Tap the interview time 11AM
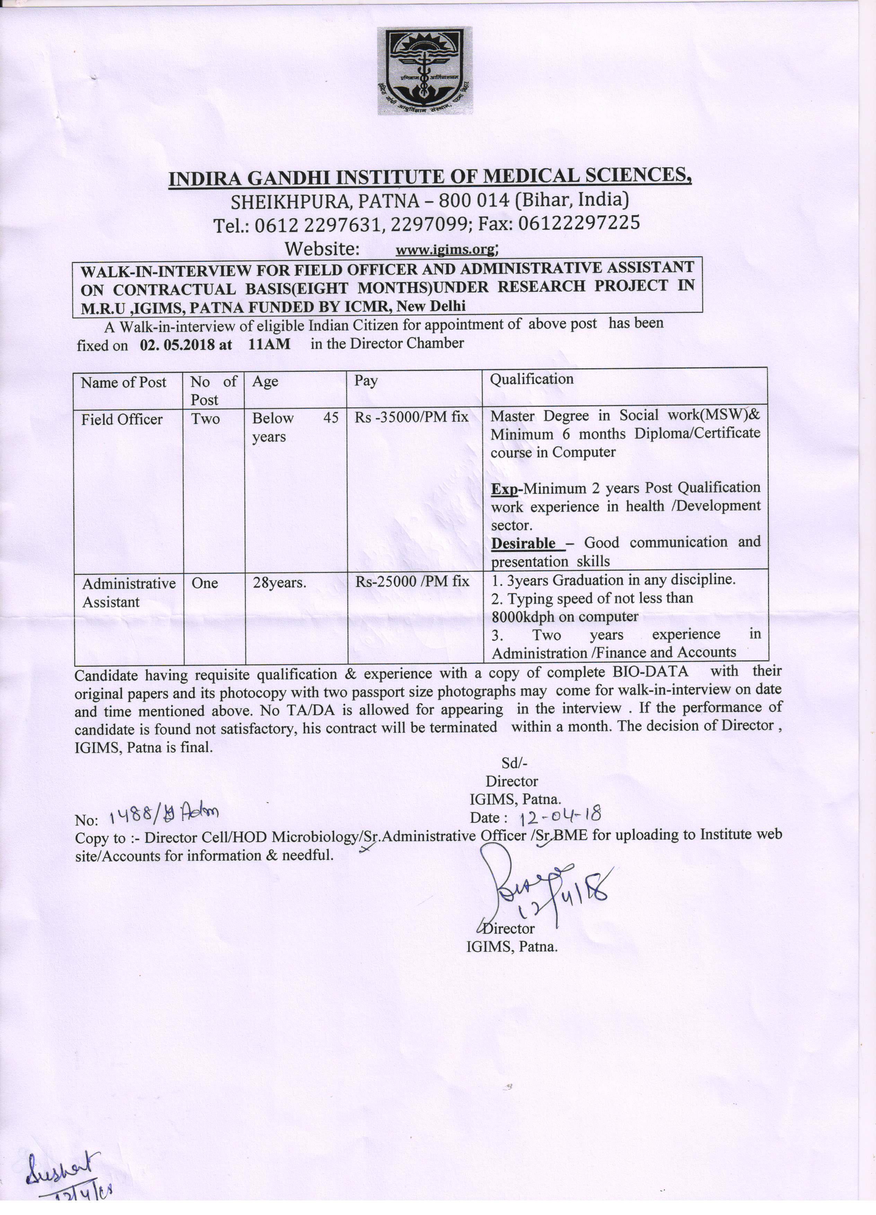[x=269, y=343]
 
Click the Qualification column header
[x=532, y=379]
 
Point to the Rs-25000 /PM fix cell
[x=412, y=581]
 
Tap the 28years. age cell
[x=279, y=582]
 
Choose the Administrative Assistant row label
[x=128, y=592]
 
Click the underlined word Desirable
[x=524, y=543]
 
